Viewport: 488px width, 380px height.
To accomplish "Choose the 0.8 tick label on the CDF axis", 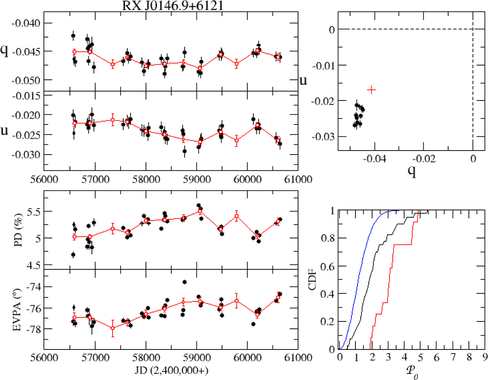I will coord(330,238).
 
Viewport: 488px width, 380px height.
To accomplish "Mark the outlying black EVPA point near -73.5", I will coord(184,282).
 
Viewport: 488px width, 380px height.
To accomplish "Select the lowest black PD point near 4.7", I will coord(73,255).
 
